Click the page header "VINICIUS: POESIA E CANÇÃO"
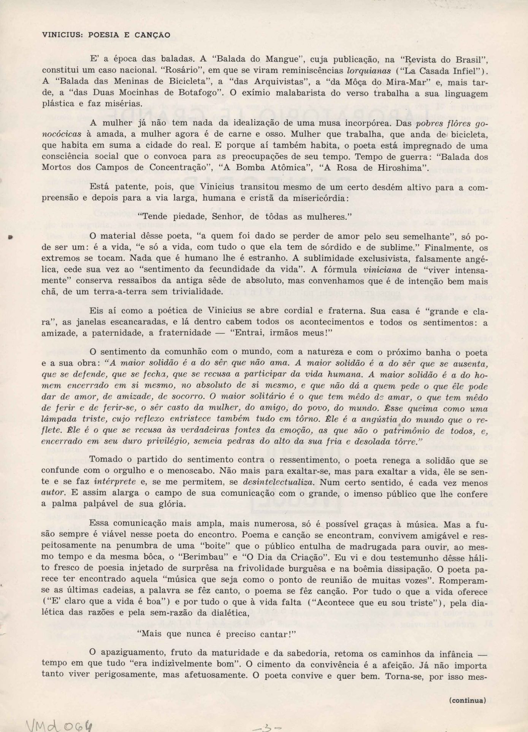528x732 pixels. point(106,35)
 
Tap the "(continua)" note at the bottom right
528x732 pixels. point(468,700)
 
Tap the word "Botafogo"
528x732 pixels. point(204,93)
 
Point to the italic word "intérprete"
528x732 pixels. point(115,482)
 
